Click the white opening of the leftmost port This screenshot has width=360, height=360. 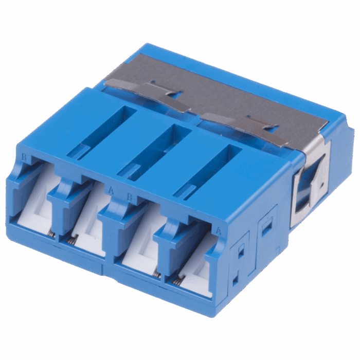tap(37, 208)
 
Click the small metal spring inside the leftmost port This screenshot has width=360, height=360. tap(52, 234)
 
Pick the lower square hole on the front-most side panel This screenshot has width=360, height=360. tap(235, 280)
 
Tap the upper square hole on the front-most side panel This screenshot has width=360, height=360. tap(239, 251)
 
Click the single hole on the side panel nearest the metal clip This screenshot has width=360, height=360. tap(266, 226)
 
